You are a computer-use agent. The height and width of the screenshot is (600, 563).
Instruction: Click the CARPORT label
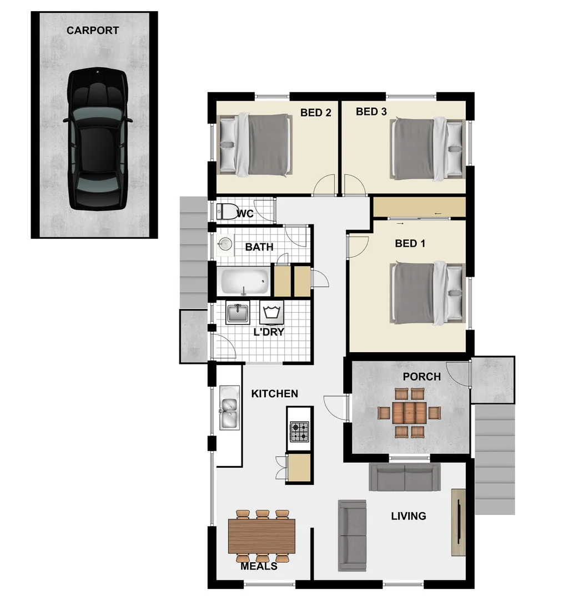(93, 31)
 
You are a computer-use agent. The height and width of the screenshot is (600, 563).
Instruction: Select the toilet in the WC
(225, 212)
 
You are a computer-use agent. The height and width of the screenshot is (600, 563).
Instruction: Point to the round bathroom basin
(225, 243)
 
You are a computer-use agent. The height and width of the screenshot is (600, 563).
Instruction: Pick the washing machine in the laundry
(272, 313)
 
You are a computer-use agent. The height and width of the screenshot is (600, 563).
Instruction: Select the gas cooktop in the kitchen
(300, 431)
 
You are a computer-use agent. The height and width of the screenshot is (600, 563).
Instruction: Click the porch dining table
(409, 413)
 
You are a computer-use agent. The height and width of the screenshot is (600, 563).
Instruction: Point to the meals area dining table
(262, 537)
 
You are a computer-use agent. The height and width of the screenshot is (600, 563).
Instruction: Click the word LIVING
(409, 516)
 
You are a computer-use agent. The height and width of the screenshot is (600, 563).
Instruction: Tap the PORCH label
(421, 377)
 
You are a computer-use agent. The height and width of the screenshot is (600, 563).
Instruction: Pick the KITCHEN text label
(274, 394)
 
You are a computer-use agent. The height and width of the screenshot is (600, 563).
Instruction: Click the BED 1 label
(410, 243)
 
